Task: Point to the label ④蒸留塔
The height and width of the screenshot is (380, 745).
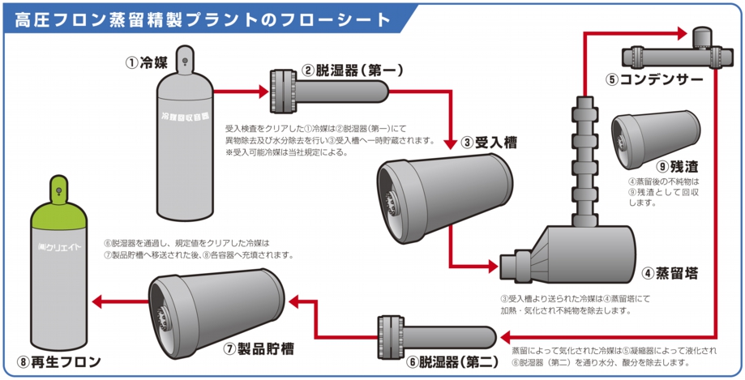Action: click(x=665, y=273)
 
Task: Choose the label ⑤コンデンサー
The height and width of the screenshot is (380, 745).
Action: click(x=653, y=80)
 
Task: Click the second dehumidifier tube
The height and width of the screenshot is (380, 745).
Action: click(x=438, y=333)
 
